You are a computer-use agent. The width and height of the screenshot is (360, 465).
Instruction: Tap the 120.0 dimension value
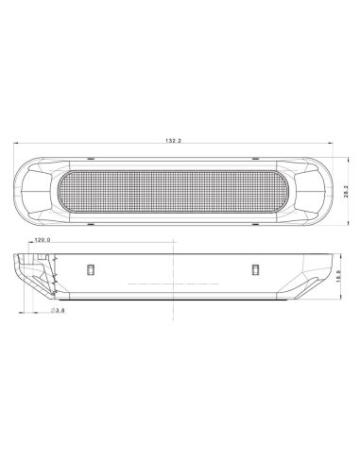[x=42, y=241]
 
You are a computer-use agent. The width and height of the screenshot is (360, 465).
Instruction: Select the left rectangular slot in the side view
[x=90, y=269]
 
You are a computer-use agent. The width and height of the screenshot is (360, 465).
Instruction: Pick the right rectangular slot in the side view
[x=255, y=270]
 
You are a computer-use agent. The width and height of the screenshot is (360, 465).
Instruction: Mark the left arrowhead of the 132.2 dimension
[x=17, y=146]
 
